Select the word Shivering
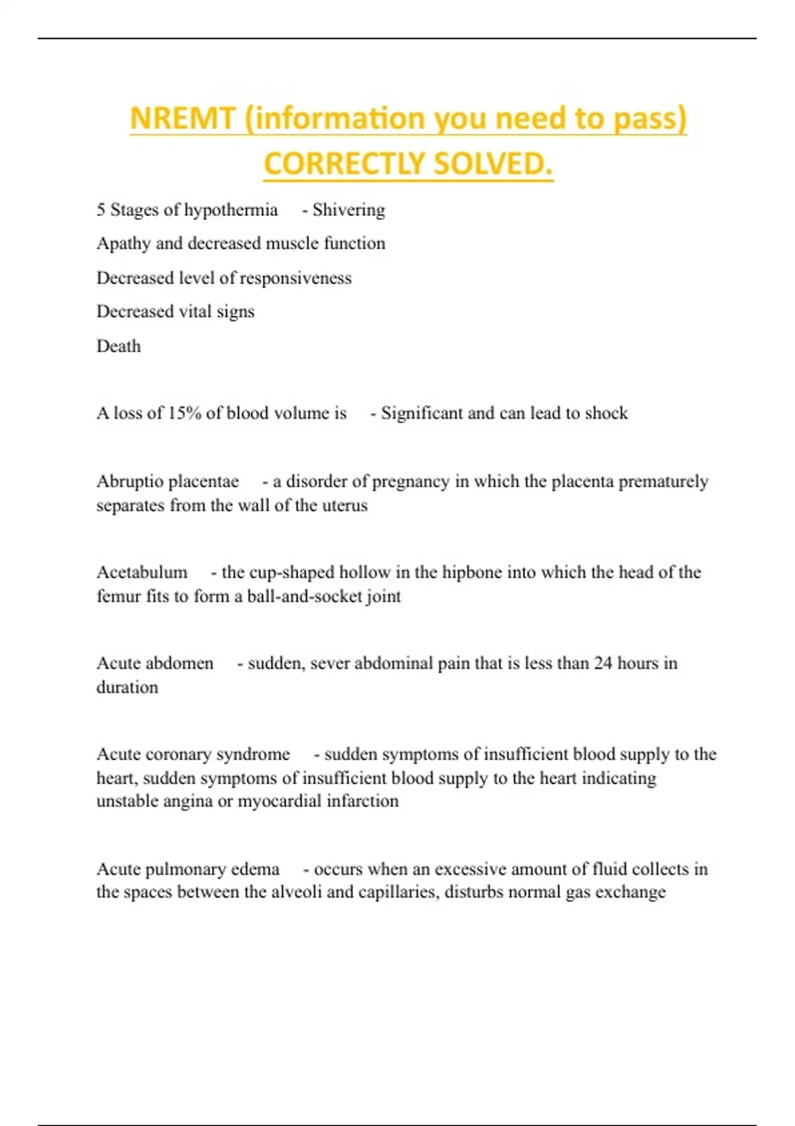pos(348,210)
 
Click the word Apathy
pos(123,244)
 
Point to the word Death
pos(119,346)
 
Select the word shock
pos(606,413)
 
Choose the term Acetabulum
pos(142,572)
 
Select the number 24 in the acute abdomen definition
pos(603,663)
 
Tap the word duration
pos(127,688)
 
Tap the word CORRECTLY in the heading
pos(335,164)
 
